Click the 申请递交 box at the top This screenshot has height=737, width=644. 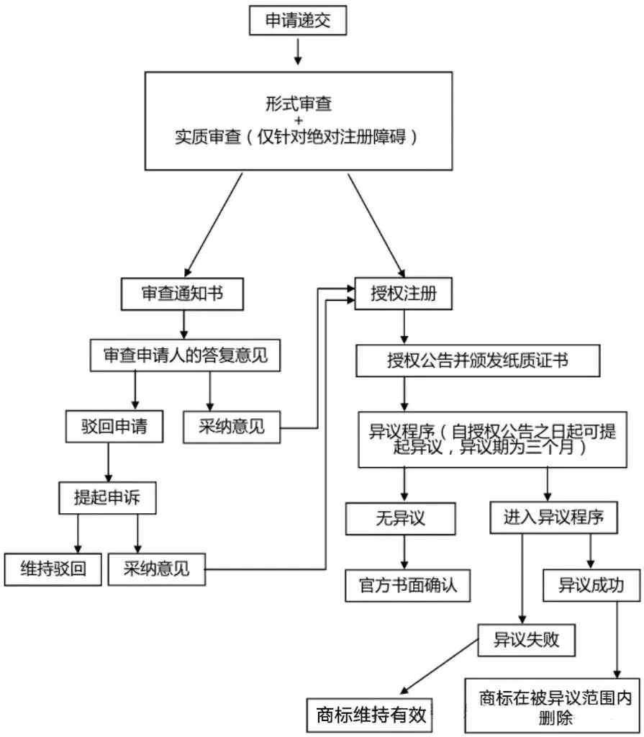point(297,21)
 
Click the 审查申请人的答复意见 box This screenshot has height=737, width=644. point(183,355)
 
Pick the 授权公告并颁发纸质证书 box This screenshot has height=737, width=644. point(478,361)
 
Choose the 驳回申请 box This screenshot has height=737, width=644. point(114,426)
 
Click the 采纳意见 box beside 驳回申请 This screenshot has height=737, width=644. point(232,426)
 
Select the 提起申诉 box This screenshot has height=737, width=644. point(107,498)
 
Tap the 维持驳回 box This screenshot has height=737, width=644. point(53,569)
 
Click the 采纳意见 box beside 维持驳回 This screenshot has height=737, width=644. point(156,569)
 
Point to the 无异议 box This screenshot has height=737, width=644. point(401,517)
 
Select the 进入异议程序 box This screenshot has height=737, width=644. point(553,517)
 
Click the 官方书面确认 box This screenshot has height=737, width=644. point(407,586)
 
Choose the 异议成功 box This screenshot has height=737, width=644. point(591,585)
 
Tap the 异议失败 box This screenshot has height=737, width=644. point(527,638)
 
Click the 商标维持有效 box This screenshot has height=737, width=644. point(371,716)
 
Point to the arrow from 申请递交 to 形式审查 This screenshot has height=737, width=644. point(297,52)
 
